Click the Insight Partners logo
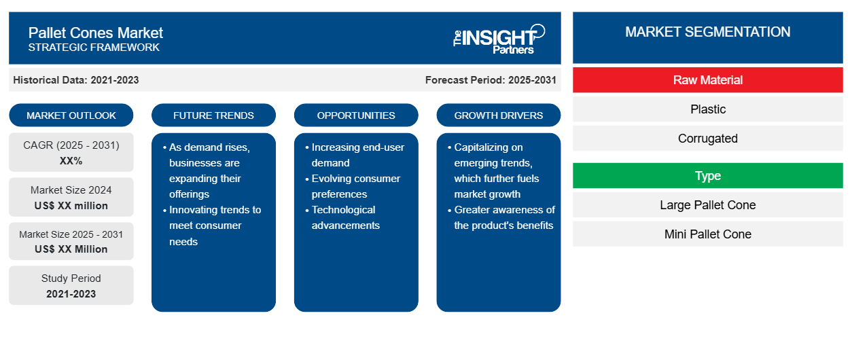499,39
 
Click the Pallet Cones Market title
96,33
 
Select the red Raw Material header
707,80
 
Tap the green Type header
707,176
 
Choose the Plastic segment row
707,109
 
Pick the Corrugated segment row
707,139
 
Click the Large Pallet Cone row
707,205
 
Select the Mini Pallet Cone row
707,234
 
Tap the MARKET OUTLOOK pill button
71,115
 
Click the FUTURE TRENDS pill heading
213,115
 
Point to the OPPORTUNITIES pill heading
356,115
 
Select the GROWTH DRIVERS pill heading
498,115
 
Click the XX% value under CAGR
71,161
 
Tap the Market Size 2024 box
71,197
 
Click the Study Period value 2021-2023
71,294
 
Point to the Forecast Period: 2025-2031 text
491,80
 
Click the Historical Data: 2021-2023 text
76,80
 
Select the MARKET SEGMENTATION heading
707,32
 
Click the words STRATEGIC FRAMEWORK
94,48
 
